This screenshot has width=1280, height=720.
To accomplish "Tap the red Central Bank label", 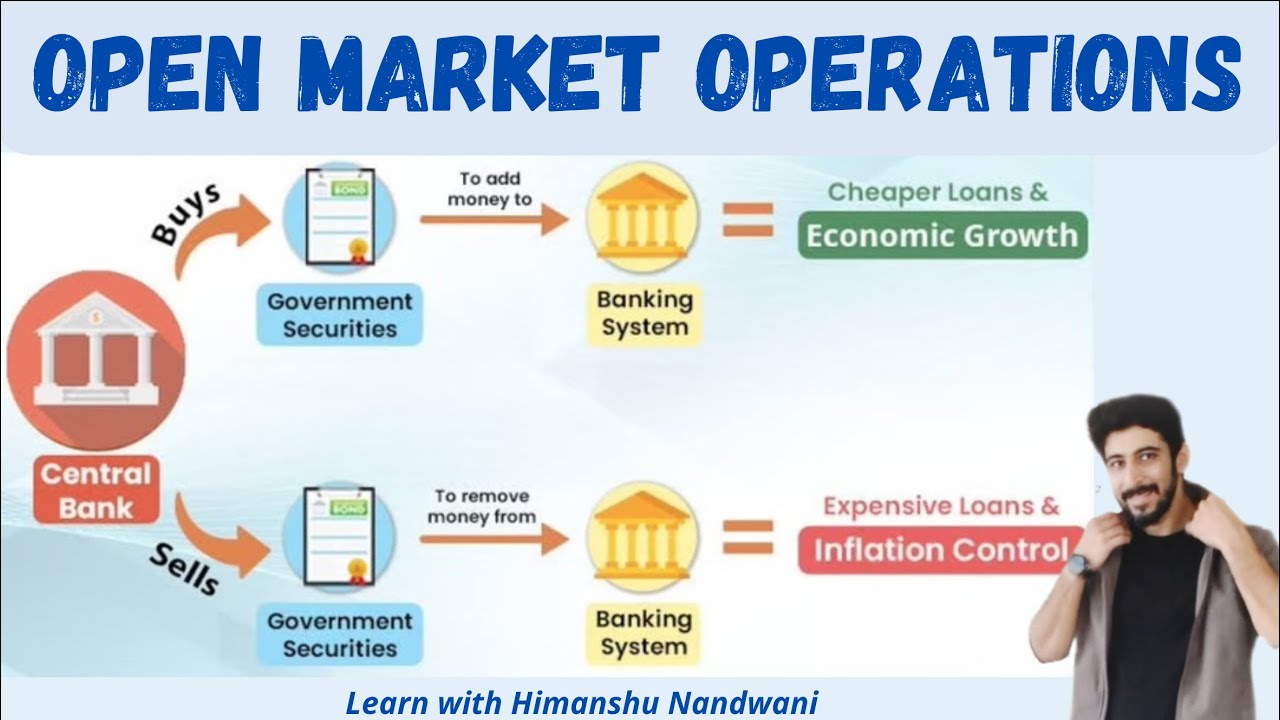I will pos(96,490).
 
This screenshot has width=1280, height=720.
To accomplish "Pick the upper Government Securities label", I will pos(339,315).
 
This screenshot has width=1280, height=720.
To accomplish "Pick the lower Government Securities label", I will pos(339,634).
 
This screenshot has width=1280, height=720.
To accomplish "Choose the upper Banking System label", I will pos(644,313).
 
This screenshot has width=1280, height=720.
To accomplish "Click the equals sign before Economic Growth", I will pos(748,219).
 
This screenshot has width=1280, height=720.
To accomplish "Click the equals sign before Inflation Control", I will pos(748,537).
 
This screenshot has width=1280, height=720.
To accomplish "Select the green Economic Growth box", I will pos(941,236).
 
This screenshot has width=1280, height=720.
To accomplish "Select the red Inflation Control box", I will pos(940,550).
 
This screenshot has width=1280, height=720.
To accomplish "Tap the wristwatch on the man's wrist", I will pos(1077,566).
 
